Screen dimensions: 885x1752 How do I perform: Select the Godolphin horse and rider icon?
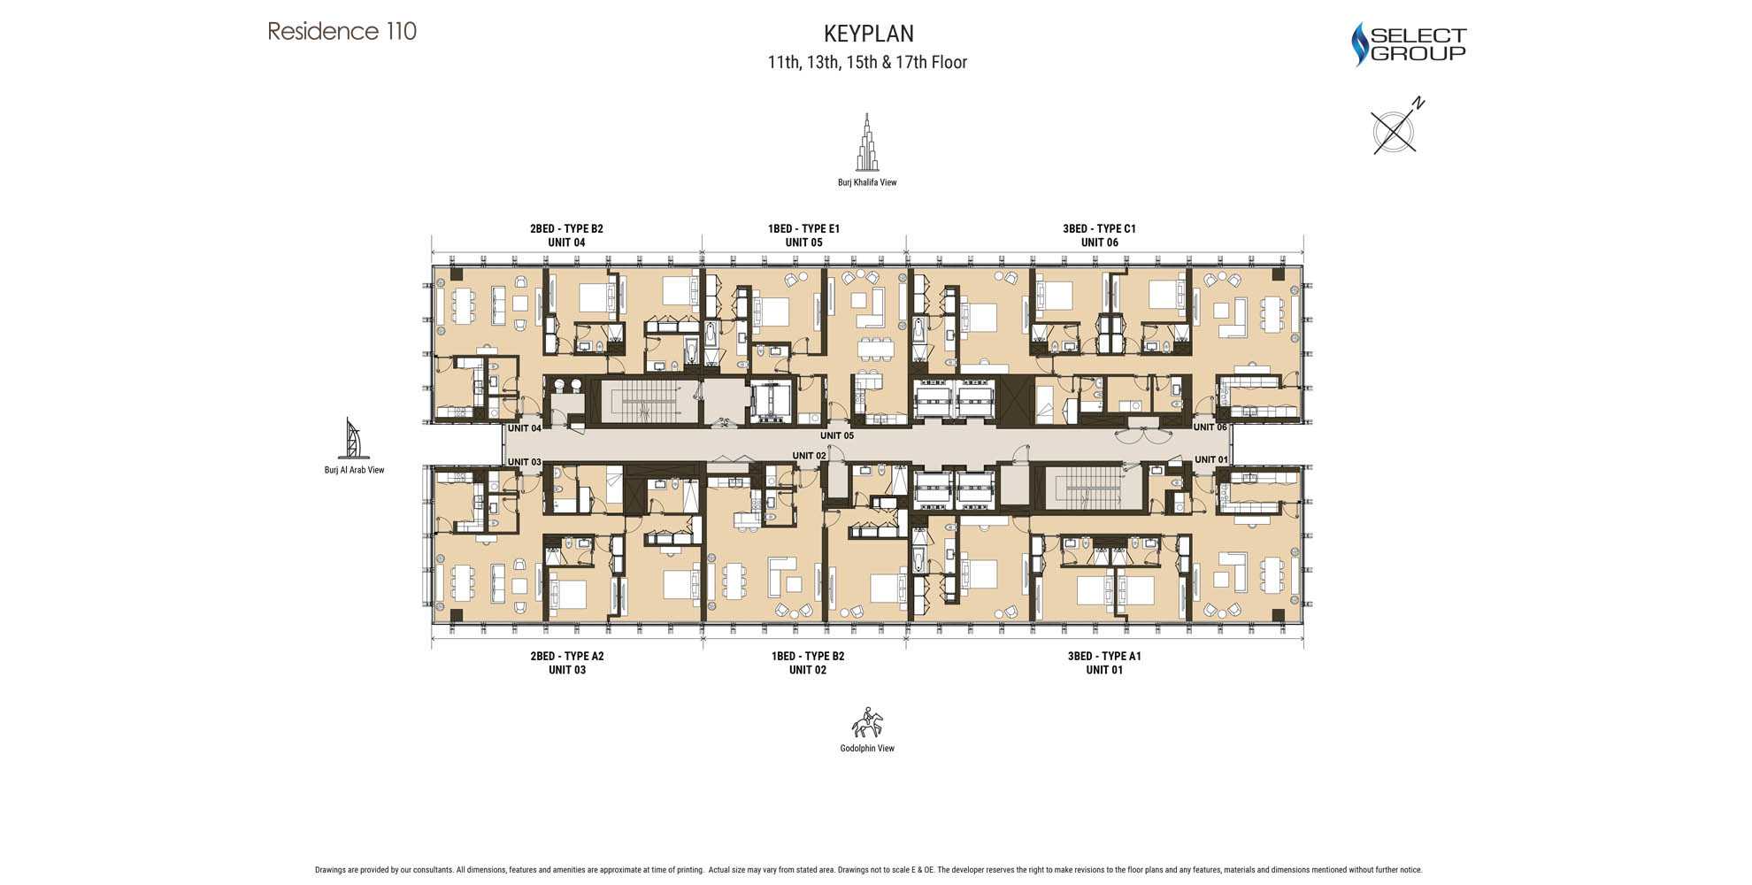point(867,723)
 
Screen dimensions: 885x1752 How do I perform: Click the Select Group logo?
point(1408,44)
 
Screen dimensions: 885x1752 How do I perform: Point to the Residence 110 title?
point(342,32)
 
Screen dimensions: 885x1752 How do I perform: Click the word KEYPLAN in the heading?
point(868,34)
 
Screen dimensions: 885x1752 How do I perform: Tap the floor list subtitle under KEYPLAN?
point(867,63)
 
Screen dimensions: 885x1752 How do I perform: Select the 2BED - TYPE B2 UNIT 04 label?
point(566,235)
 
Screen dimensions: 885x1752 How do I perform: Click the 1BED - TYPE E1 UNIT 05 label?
point(803,235)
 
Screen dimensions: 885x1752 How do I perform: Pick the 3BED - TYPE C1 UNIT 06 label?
point(1099,235)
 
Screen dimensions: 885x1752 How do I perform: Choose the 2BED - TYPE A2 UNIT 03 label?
point(566,663)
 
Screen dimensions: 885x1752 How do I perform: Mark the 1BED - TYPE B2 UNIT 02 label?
point(807,663)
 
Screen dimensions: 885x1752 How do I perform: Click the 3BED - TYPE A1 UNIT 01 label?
point(1103,663)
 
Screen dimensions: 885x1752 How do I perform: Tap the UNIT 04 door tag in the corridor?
point(524,428)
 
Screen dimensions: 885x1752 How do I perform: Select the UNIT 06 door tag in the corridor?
point(1210,427)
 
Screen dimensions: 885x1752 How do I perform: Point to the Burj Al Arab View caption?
point(354,470)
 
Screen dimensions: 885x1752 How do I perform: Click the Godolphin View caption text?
point(867,749)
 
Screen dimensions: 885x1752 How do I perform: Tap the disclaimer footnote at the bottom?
point(867,870)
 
